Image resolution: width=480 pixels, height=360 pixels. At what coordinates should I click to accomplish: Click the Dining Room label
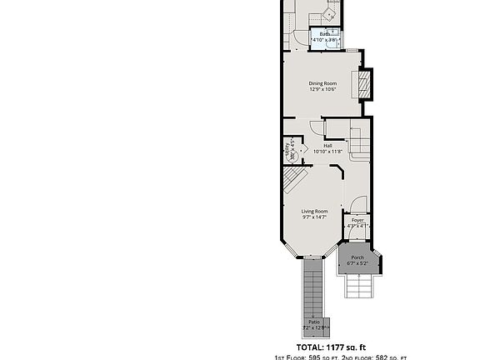(x=322, y=83)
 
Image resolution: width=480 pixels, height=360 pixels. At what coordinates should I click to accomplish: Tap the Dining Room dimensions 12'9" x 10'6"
(x=322, y=89)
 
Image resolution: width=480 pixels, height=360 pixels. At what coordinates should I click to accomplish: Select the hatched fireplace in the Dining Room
(x=362, y=83)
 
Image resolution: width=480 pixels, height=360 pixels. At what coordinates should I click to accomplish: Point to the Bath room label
(x=324, y=34)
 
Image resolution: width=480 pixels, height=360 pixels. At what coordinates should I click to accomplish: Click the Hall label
(x=327, y=146)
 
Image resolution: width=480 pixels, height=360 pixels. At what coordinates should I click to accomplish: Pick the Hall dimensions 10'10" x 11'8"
(x=327, y=152)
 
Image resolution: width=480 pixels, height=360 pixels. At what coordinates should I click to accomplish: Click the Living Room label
(x=314, y=212)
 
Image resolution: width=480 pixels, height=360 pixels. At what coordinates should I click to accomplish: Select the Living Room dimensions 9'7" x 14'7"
(x=314, y=217)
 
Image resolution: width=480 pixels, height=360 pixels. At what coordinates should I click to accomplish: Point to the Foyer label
(x=357, y=220)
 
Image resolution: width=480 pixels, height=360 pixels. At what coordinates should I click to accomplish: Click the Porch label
(x=357, y=257)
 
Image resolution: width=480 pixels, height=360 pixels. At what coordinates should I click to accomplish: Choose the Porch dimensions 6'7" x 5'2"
(x=357, y=263)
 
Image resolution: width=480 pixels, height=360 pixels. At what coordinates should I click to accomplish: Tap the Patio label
(x=314, y=322)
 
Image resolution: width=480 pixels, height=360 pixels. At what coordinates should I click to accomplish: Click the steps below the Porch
(x=360, y=288)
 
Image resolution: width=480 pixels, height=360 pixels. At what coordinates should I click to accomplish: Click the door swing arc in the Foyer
(x=357, y=205)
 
